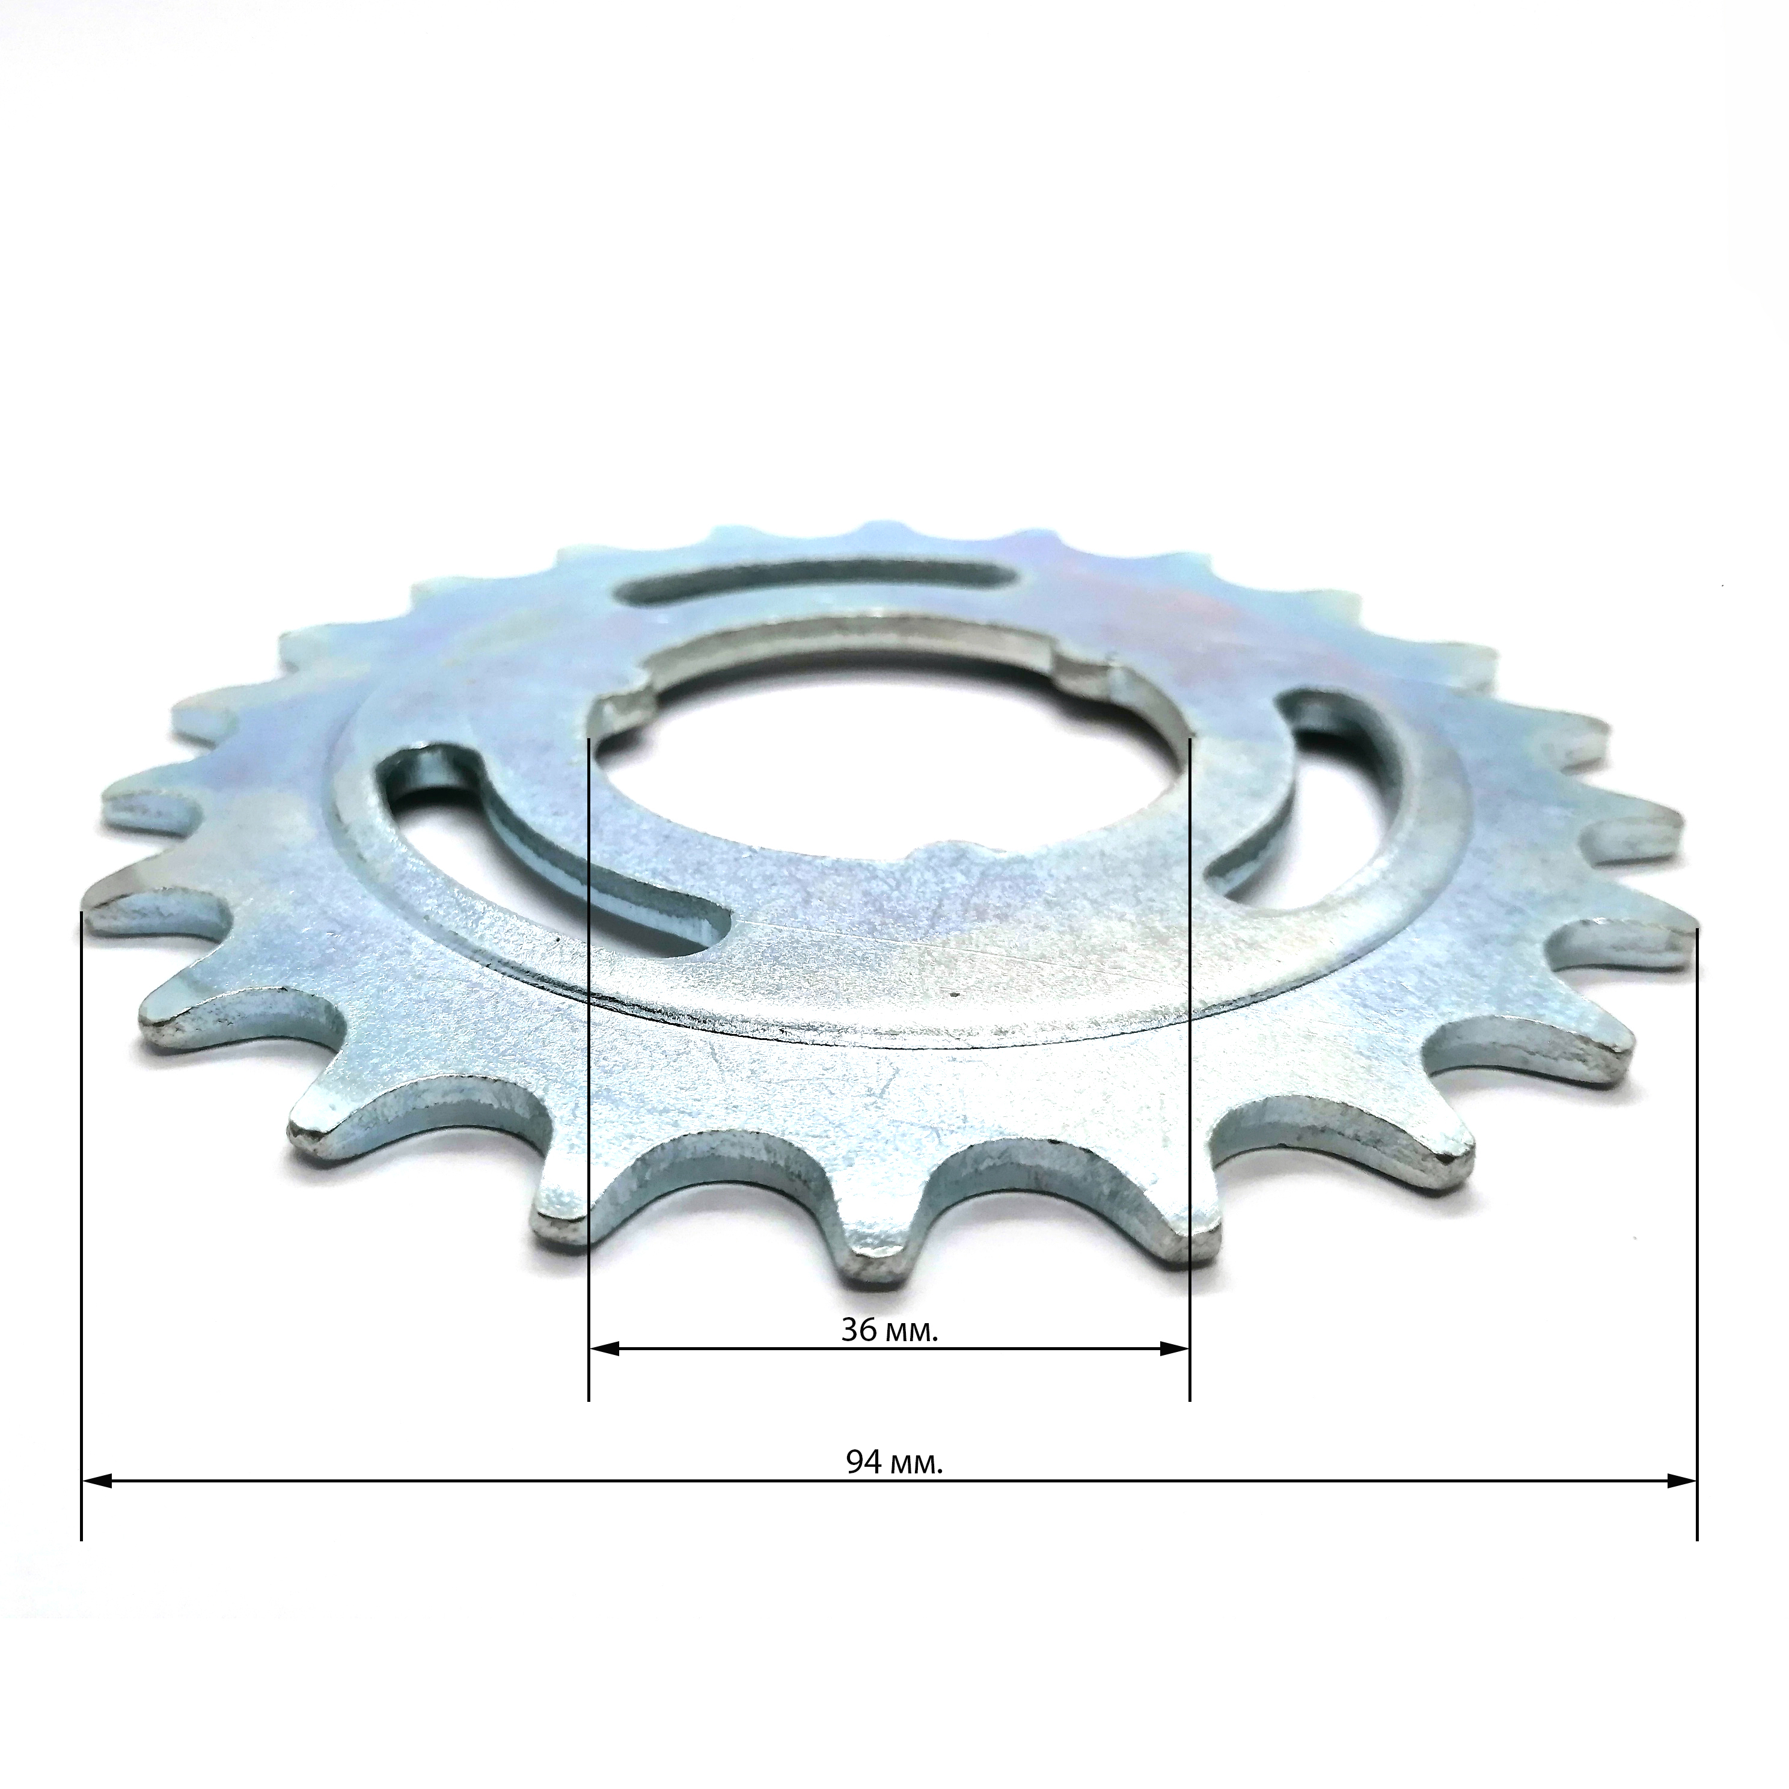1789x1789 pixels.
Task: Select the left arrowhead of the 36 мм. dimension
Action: tap(604, 1375)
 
